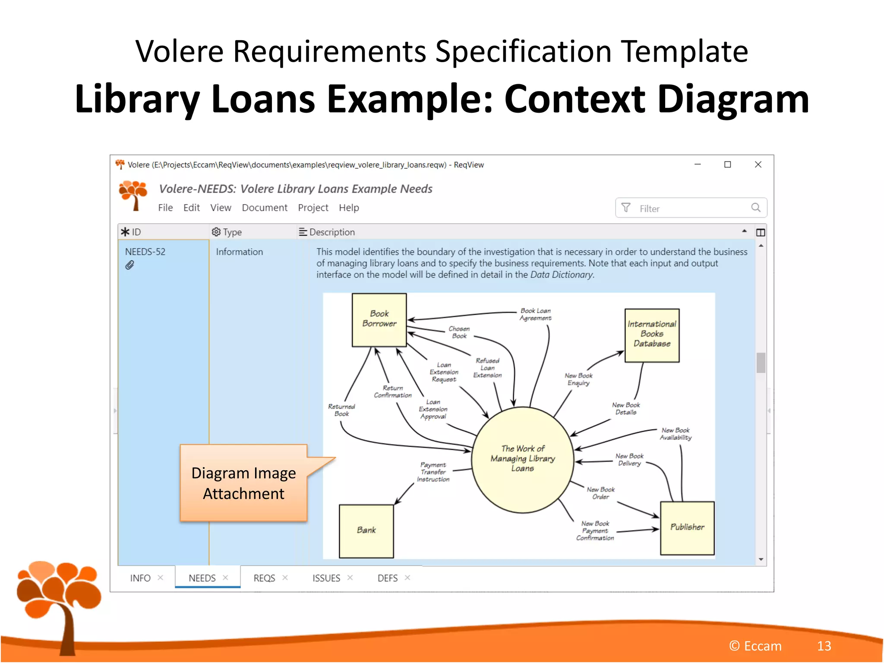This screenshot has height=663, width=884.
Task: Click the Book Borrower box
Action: click(x=379, y=319)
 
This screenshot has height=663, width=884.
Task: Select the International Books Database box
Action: click(x=652, y=335)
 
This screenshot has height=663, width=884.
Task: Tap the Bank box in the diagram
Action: click(x=366, y=530)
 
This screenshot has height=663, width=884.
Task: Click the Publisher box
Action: click(x=687, y=527)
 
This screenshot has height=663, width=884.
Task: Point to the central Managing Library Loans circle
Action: click(x=522, y=459)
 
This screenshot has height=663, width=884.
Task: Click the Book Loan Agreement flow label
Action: click(x=535, y=314)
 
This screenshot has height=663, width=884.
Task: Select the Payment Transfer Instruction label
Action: click(x=433, y=472)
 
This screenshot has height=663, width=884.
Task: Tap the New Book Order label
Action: click(x=600, y=493)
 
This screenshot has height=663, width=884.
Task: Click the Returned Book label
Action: click(x=341, y=410)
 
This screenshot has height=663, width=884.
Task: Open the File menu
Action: click(x=165, y=208)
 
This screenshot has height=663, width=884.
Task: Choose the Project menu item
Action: click(x=313, y=208)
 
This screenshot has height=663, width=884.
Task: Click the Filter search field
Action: click(x=691, y=208)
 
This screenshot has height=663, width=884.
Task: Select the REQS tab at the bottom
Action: click(x=264, y=578)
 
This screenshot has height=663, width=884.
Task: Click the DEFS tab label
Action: click(x=387, y=578)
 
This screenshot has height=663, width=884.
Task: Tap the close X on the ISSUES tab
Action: click(x=350, y=578)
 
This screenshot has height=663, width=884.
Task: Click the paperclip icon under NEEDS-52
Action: click(x=129, y=265)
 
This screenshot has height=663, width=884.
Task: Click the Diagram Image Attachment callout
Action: click(x=243, y=483)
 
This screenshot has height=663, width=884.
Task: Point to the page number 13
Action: click(x=824, y=646)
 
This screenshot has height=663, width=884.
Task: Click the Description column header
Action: click(x=331, y=232)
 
